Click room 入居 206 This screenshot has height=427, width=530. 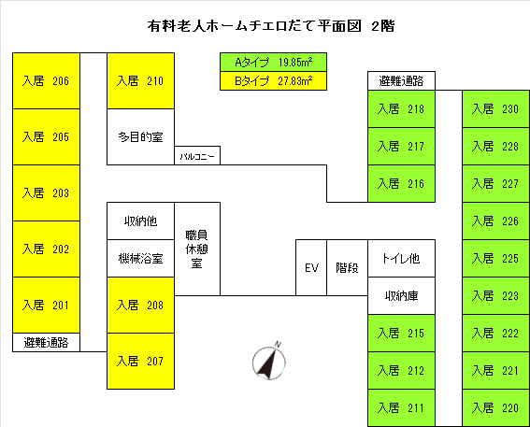pos(46,80)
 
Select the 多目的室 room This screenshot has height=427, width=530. pos(140,136)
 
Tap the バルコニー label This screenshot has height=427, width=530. pos(197,156)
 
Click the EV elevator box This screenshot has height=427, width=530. pos(311,267)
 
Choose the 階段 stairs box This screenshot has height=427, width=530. pos(347,267)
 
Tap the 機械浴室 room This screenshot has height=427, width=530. pos(140,258)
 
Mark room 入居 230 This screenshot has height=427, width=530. pos(495,108)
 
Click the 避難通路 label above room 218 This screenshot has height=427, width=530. pos(402,80)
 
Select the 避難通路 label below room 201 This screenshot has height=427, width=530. pos(46,342)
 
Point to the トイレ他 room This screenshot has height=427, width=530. pos(402,258)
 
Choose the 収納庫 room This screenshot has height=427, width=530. pos(402,295)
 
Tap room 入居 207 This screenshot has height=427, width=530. pos(140,361)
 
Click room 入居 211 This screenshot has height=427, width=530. pos(402,407)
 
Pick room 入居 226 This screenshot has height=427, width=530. pos(495,221)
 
